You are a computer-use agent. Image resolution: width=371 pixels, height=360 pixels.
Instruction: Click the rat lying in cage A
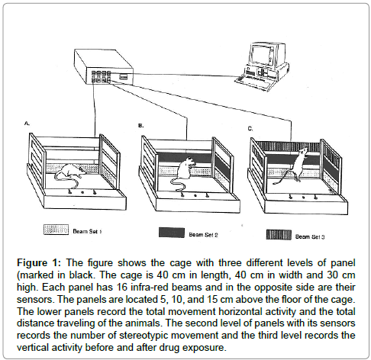point(73,171)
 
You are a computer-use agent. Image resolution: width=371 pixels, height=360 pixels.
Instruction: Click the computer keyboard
point(252,82)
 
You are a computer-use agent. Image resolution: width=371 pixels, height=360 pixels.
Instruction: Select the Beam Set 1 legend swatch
point(56,230)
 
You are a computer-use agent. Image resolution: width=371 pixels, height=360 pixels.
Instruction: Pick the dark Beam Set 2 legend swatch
point(172,233)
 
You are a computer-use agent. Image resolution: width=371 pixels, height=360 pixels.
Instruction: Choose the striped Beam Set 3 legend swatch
point(279,234)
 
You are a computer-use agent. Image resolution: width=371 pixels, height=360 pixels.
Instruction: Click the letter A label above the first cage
point(27,124)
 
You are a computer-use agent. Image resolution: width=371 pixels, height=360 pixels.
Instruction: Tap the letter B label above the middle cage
point(140,126)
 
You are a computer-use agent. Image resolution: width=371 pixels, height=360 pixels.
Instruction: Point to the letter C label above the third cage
point(250,129)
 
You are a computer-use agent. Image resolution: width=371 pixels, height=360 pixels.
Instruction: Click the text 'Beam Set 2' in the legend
point(203,235)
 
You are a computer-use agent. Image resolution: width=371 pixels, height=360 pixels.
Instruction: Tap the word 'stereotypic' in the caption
point(144,336)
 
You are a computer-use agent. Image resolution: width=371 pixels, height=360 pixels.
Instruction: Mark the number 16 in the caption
point(122,288)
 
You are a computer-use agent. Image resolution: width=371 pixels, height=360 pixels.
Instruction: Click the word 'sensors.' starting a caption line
point(36,300)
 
